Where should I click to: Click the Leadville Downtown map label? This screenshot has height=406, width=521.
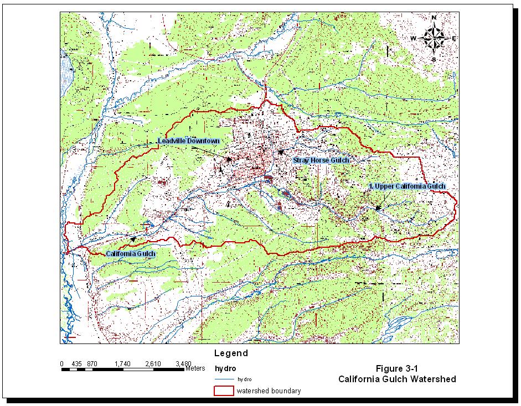(189, 141)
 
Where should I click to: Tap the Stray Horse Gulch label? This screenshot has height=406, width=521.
(321, 160)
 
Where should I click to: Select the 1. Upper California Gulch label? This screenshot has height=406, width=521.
(407, 186)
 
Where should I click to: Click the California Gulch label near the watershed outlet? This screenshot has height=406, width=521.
(131, 254)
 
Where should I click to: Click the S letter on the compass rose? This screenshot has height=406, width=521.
(434, 59)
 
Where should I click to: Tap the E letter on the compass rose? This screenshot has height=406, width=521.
(454, 38)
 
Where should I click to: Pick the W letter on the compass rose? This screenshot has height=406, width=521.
(413, 38)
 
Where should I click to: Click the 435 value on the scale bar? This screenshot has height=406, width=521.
(77, 363)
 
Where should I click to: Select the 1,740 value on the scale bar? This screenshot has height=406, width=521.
(122, 363)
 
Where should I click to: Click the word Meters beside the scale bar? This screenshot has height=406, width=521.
(195, 368)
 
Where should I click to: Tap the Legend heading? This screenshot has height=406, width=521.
(231, 353)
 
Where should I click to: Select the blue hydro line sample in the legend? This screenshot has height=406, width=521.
(224, 379)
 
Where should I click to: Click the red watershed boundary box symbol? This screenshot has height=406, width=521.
(224, 391)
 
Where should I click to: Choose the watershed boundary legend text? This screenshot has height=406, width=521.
(269, 391)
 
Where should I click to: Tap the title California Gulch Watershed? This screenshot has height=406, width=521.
(398, 379)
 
